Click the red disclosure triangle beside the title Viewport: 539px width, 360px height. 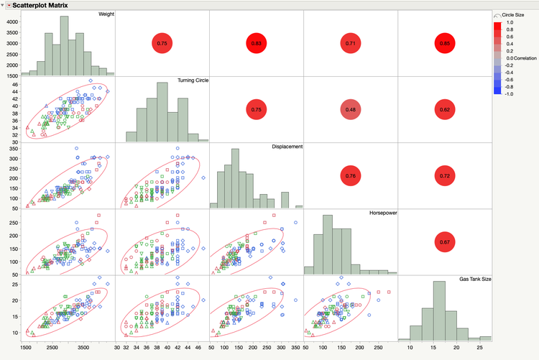point(8,5)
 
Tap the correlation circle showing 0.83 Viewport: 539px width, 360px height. point(256,44)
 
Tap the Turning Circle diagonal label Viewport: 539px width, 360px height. point(193,80)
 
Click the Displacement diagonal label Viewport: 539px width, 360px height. point(287,147)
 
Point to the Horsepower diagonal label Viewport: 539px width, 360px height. point(384,213)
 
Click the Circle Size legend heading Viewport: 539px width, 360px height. point(512,15)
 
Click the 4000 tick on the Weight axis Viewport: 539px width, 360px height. point(11,22)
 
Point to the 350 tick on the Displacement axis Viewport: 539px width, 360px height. point(11,149)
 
